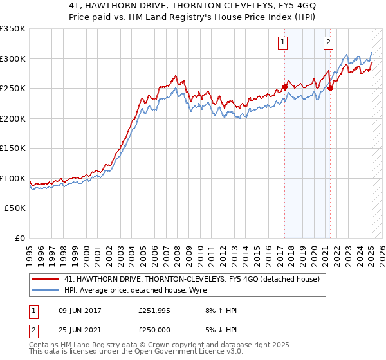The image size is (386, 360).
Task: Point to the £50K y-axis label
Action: [x=14, y=208]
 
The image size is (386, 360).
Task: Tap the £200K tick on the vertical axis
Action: [x=12, y=118]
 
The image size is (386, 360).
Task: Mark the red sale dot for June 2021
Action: [x=330, y=89]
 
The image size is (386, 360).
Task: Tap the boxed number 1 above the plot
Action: [x=282, y=43]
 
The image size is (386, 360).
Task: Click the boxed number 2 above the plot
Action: [x=328, y=43]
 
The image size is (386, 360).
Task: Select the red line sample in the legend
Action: [x=46, y=278]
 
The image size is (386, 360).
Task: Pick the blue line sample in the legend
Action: [x=46, y=289]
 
